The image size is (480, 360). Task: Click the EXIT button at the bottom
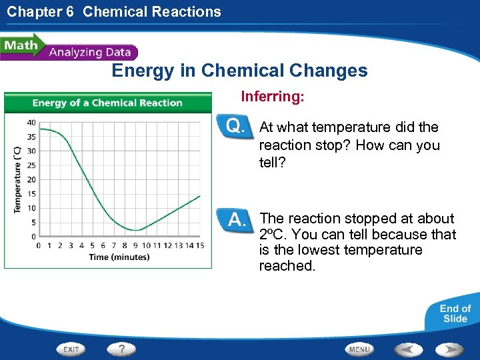(72, 349)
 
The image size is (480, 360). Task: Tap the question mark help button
(121, 349)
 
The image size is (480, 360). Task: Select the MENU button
(359, 349)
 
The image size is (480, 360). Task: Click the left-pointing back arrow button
(409, 349)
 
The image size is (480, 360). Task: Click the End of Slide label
(455, 313)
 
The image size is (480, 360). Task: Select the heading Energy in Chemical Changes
(239, 71)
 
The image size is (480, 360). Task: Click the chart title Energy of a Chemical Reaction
(107, 103)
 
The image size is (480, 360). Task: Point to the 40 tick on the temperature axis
(31, 122)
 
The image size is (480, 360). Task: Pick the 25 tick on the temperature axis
(31, 165)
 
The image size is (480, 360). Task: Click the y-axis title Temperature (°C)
(17, 179)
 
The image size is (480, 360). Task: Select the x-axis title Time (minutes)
(119, 257)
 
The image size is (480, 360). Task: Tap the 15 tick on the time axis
(200, 245)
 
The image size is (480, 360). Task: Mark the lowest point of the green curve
(135, 231)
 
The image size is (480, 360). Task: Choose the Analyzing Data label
(91, 52)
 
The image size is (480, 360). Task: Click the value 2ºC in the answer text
(272, 235)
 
